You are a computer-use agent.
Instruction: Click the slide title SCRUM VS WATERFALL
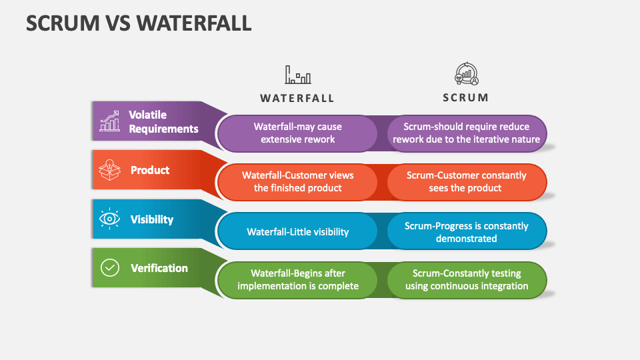pos(139,23)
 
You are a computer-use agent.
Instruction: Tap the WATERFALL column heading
pos(297,98)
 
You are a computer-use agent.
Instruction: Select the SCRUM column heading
pos(466,97)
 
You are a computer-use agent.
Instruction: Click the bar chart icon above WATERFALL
pos(298,75)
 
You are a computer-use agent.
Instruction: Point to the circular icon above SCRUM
pos(467,74)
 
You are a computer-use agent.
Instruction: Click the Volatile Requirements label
pos(163,121)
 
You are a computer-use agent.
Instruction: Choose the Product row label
pos(150,170)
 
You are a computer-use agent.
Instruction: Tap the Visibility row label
pos(152,219)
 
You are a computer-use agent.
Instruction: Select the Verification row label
pos(159,268)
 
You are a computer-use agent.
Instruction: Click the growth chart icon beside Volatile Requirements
pos(109,121)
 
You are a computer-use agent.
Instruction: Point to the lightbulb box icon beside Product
pos(109,170)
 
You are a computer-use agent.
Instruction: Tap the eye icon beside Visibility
pos(109,219)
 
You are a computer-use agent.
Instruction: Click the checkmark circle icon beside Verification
pos(109,268)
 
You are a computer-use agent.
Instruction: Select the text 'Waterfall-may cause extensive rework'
pos(298,133)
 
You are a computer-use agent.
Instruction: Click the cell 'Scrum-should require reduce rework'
pos(467,133)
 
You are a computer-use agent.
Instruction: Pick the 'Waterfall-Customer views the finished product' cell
pos(298,182)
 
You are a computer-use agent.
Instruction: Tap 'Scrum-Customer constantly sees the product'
pos(467,182)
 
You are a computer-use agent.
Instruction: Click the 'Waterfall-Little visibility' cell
pos(298,232)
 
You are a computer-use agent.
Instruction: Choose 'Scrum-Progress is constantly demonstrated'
pos(467,232)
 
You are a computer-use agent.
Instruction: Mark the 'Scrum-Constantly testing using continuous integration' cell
pos(467,280)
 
